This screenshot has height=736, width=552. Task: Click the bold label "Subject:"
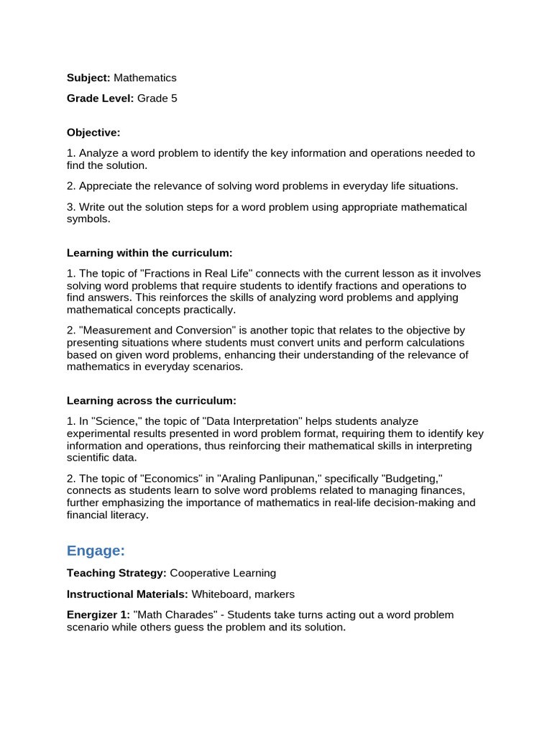(88, 78)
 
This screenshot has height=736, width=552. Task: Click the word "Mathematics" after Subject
(144, 78)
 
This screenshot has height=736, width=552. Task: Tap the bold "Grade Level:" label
(101, 98)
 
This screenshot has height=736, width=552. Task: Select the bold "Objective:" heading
(93, 132)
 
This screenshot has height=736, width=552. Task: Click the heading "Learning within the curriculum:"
(149, 253)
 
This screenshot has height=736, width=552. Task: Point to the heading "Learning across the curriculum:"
(152, 400)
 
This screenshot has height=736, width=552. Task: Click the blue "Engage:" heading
(96, 551)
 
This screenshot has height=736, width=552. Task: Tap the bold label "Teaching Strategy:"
(116, 574)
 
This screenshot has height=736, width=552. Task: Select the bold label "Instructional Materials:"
(127, 594)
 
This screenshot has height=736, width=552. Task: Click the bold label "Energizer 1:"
(98, 615)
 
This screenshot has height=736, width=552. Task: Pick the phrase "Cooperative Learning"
(223, 574)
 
